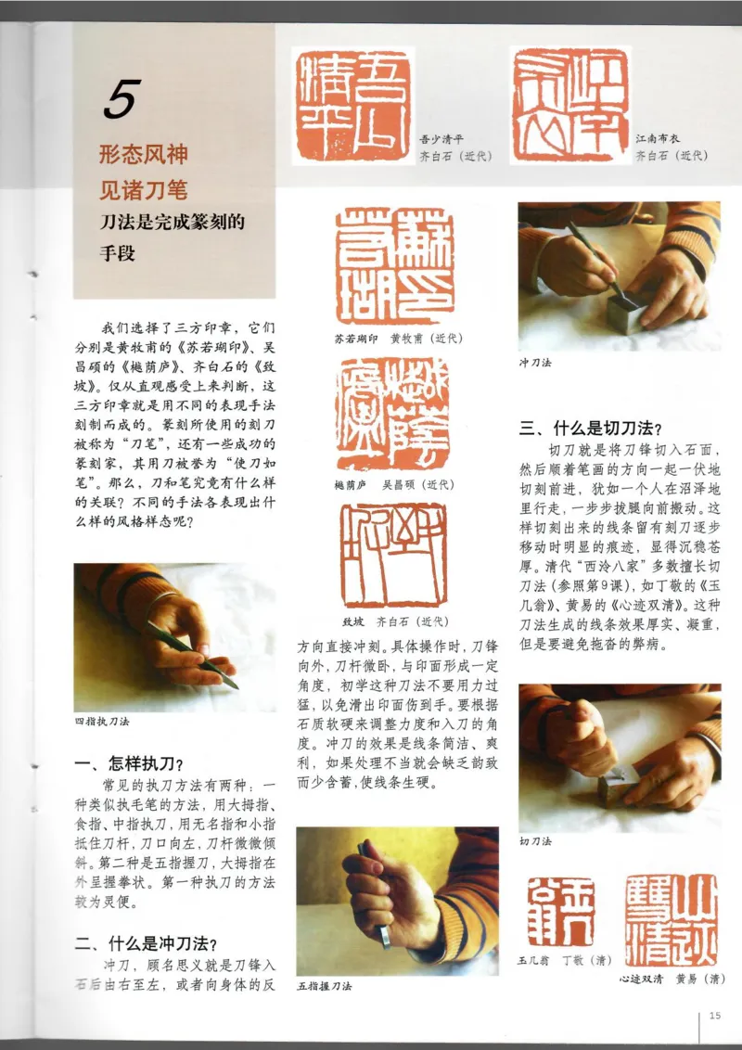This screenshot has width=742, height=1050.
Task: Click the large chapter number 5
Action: tap(122, 100)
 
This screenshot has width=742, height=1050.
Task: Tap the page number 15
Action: tap(714, 1015)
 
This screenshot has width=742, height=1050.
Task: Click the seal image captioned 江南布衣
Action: tap(569, 105)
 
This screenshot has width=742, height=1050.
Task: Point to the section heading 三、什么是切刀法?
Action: tap(590, 429)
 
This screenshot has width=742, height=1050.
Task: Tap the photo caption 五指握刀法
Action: tap(325, 985)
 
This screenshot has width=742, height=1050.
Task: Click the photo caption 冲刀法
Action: tap(535, 363)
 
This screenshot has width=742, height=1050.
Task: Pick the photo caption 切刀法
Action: tap(535, 841)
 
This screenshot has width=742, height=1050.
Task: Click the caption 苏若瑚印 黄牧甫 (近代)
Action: tap(392, 339)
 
